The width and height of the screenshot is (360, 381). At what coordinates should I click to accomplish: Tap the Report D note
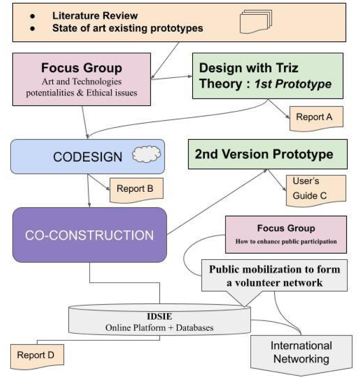[x=36, y=355]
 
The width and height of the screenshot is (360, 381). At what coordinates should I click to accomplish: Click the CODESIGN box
[x=87, y=156]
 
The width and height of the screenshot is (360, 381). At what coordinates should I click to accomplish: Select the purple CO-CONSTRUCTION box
[x=89, y=235]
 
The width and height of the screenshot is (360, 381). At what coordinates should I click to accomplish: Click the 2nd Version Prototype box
[x=267, y=154]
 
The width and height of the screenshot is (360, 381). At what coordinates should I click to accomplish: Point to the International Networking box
[x=301, y=352]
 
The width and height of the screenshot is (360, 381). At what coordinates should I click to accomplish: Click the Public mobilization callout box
[x=274, y=275]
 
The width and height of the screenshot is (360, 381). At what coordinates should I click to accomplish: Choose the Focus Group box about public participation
[x=286, y=234]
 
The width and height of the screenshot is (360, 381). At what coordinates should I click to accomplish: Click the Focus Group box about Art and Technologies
[x=81, y=79]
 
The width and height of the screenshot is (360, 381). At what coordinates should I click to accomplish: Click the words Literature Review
[x=95, y=15]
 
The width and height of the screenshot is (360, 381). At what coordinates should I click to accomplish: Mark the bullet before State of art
[x=33, y=28]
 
